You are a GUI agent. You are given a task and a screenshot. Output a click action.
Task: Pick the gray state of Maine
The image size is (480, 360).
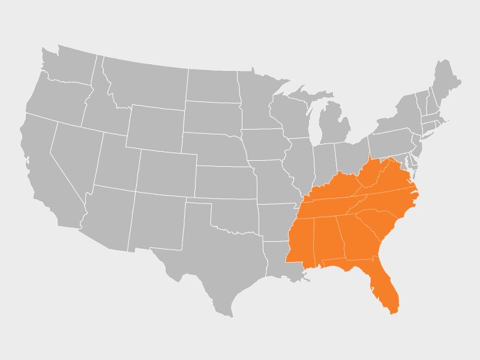point(447,84)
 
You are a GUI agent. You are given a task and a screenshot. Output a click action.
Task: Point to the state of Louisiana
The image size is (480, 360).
point(279,258)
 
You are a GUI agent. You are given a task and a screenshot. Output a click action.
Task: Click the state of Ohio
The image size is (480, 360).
point(351,156)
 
